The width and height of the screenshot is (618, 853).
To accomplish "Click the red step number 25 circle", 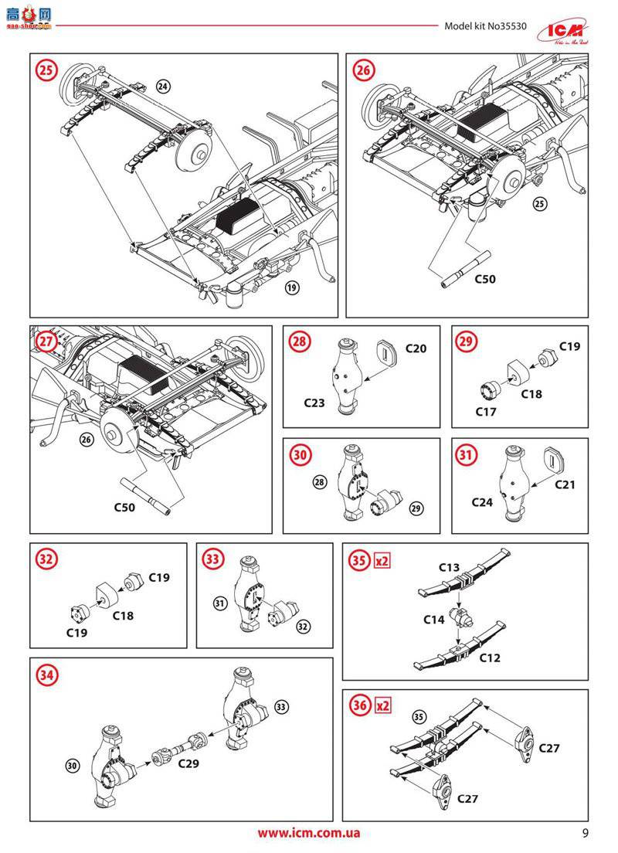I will pos(47,70).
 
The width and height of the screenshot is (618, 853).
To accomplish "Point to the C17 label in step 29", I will pos(486,412).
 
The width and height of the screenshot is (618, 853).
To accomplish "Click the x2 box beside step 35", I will pos(381,561).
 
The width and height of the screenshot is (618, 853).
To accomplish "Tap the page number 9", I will pos(586,833).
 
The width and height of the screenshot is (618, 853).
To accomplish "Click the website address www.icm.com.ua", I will pos(308,833).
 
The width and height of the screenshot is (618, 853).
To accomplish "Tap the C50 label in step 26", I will pos(484,278).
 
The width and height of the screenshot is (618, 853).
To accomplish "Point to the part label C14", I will pos(433,620).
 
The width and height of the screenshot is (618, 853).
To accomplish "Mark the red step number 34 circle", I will pos(47,675).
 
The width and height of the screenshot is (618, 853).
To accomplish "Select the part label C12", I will pos(489,658).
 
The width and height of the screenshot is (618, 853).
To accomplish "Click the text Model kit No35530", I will pos(485,25).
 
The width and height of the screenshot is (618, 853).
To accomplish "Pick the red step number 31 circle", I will pos(465,455).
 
